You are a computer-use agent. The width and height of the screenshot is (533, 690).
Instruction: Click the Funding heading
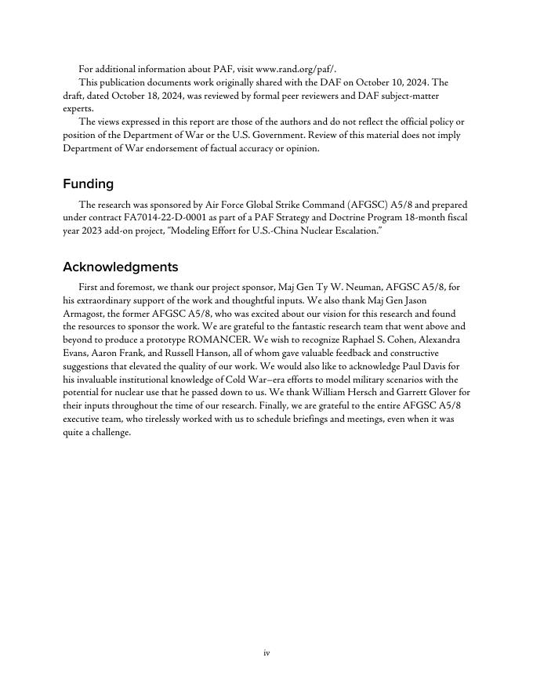coord(88,184)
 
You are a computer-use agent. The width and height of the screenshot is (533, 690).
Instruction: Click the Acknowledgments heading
coord(120,267)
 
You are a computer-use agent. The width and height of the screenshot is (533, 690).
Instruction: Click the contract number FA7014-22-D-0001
coord(159,218)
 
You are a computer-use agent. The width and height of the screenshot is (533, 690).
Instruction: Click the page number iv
coord(266,652)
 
